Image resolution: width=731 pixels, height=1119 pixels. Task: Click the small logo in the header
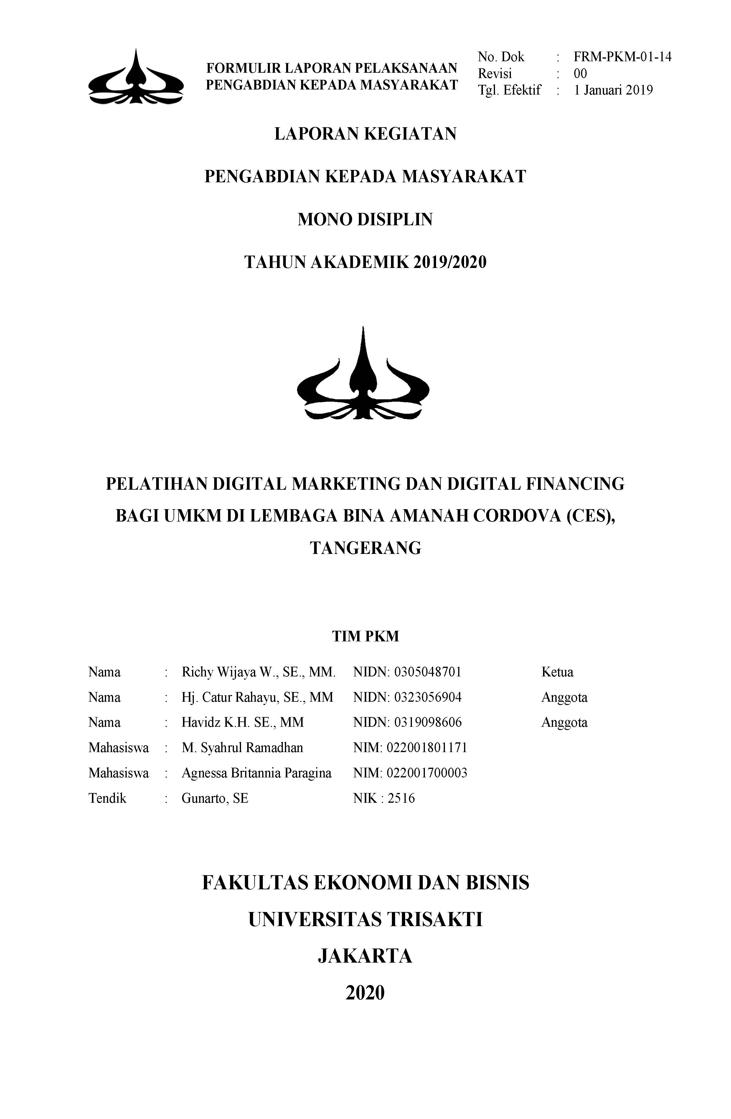136,77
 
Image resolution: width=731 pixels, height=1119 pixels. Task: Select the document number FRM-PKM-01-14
622,57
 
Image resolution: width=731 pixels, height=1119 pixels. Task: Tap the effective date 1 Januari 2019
613,90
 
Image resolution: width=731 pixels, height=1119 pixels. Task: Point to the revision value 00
580,73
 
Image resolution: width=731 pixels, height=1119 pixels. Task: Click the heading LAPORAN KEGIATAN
365,134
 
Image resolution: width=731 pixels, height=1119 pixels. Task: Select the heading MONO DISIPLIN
365,220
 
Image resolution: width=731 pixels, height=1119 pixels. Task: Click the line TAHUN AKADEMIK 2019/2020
365,262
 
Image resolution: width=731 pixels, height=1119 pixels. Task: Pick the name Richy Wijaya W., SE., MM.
258,672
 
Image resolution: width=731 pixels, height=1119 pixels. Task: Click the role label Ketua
557,672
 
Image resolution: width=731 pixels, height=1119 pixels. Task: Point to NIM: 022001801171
410,748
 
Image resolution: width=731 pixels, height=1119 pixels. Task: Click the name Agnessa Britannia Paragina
256,773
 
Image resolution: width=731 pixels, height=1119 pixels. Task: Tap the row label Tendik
107,798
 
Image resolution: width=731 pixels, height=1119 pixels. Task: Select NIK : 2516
384,798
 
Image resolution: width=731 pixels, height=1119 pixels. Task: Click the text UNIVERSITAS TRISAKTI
365,919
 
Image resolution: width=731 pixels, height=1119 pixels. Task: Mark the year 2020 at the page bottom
365,993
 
